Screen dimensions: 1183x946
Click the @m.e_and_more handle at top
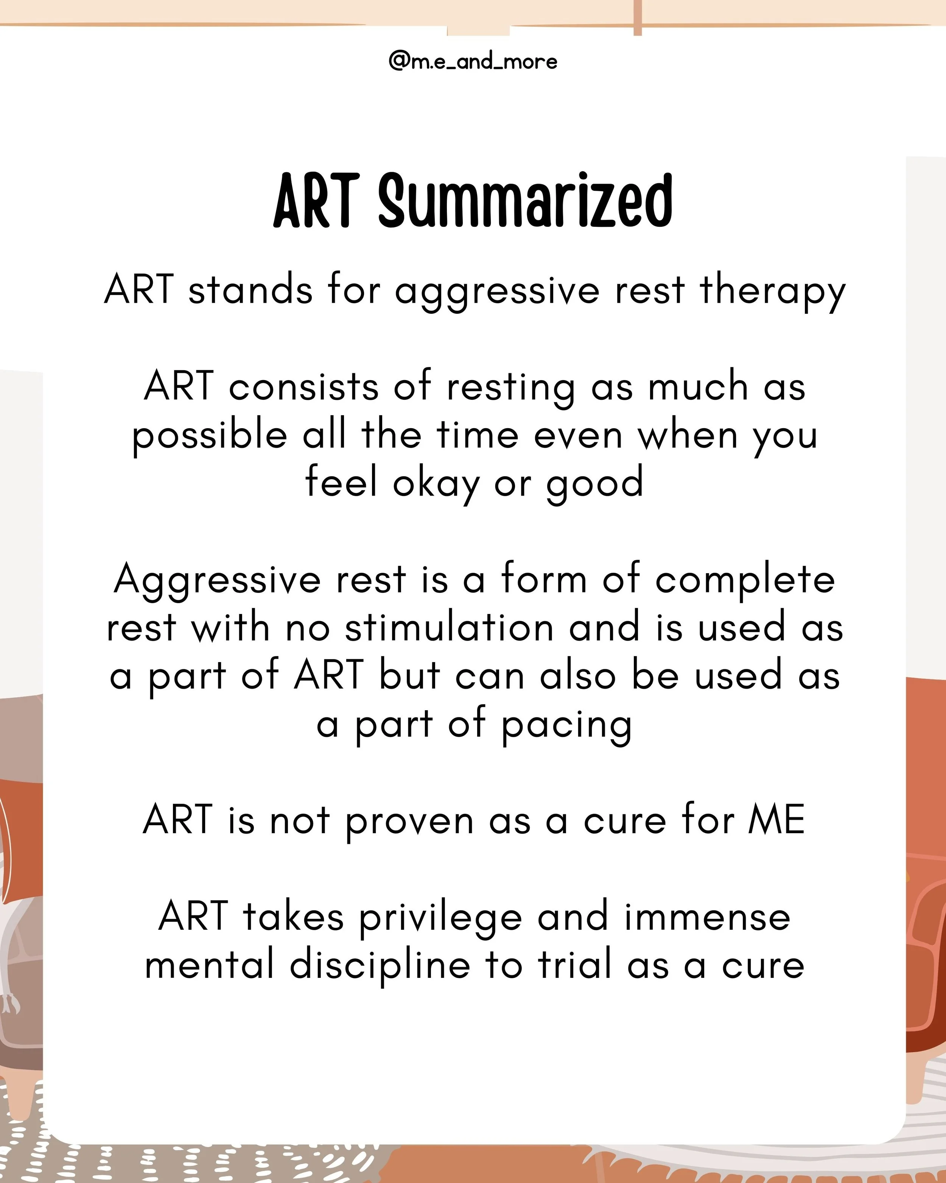click(473, 61)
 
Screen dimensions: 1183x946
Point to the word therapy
click(773, 291)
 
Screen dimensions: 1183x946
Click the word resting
click(510, 387)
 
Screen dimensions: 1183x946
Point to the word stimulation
click(449, 628)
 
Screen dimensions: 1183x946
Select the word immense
click(708, 917)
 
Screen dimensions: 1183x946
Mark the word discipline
click(380, 966)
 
